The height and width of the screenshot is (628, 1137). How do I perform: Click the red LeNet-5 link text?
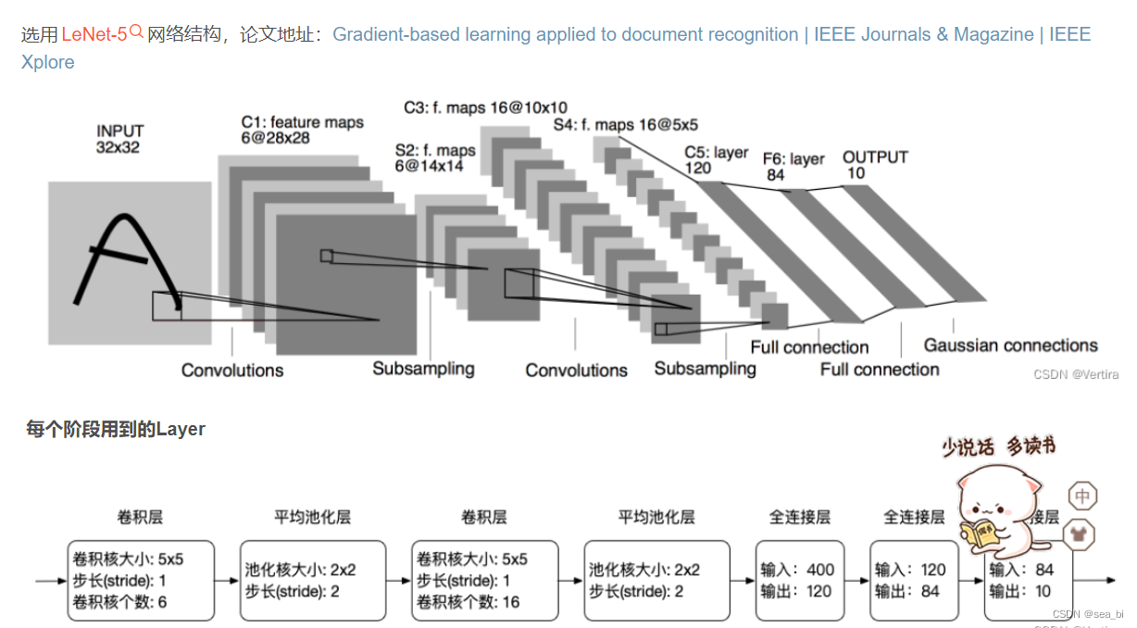click(x=94, y=35)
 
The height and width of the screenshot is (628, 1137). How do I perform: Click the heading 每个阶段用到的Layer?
click(x=116, y=429)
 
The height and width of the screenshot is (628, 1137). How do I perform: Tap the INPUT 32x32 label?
click(x=119, y=139)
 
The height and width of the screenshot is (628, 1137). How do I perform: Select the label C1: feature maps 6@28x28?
click(x=302, y=130)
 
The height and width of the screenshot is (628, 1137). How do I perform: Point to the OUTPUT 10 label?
click(x=874, y=166)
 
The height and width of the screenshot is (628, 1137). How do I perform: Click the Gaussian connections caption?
click(x=1010, y=345)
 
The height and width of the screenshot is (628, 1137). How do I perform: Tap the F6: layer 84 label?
click(x=793, y=167)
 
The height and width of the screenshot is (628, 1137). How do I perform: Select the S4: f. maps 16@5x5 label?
click(x=626, y=124)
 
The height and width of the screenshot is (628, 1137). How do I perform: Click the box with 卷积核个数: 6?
click(x=141, y=581)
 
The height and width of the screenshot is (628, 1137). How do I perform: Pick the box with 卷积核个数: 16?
click(x=485, y=581)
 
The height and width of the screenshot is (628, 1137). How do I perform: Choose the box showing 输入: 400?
click(x=800, y=581)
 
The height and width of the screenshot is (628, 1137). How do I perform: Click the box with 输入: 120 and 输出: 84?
click(x=910, y=581)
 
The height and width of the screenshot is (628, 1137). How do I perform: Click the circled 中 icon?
click(x=1081, y=496)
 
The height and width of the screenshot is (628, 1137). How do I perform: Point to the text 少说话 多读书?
click(x=998, y=446)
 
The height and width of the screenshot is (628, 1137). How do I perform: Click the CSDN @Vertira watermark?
click(x=1076, y=374)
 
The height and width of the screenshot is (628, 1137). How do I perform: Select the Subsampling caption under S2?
click(x=423, y=369)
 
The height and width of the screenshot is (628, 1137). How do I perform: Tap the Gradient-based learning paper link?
click(x=565, y=35)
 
